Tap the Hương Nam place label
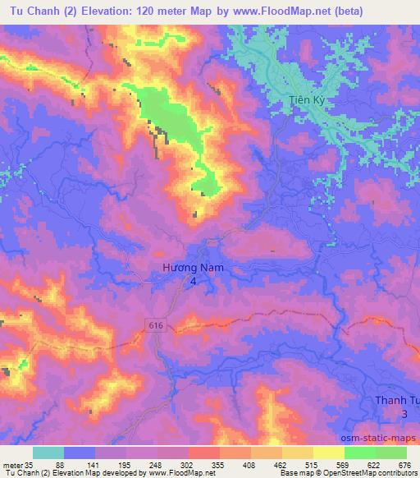coord(194,268)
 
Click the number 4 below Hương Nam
coord(194,281)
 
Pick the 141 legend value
coord(95,464)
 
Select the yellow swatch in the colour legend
coord(328,453)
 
